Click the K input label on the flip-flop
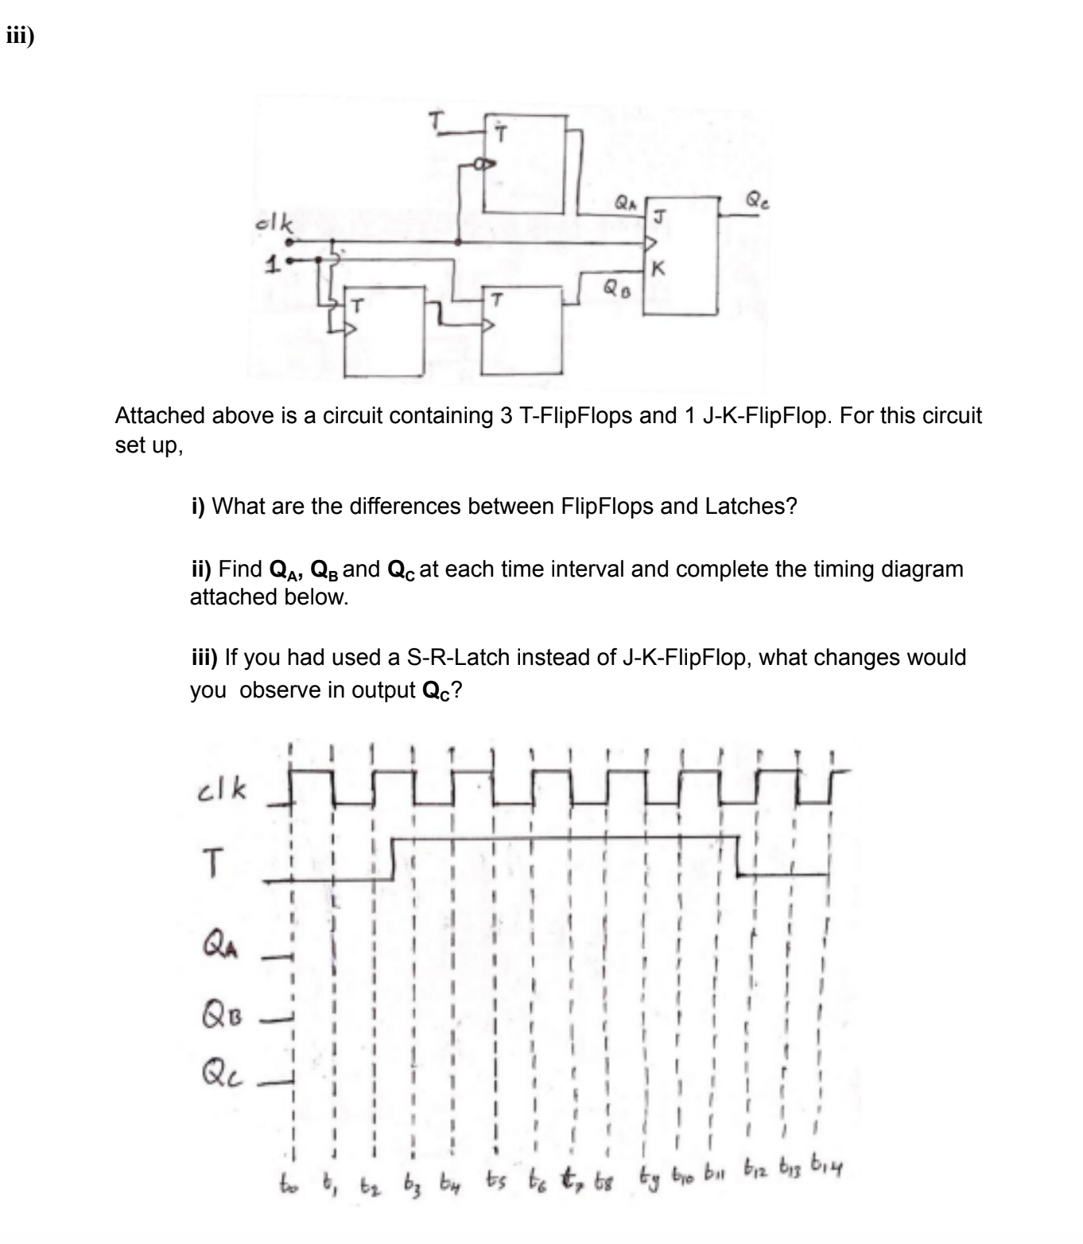657,269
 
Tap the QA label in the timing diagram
219,949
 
